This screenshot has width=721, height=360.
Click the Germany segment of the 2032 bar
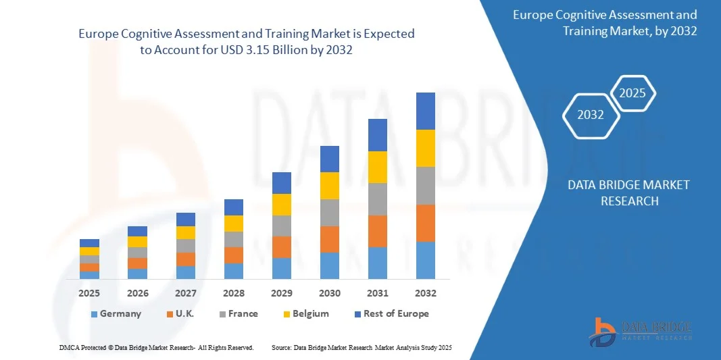pyautogui.click(x=425, y=260)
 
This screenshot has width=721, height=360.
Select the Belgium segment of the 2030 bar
pyautogui.click(x=329, y=186)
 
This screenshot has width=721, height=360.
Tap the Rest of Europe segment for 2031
pyautogui.click(x=377, y=135)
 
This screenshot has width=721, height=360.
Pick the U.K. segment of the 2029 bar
pyautogui.click(x=281, y=247)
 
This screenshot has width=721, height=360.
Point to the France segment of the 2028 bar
pyautogui.click(x=233, y=239)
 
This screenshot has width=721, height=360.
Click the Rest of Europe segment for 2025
pyautogui.click(x=89, y=243)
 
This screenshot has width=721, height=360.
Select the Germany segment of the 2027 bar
pyautogui.click(x=185, y=272)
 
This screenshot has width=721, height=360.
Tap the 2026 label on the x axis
pyautogui.click(x=137, y=293)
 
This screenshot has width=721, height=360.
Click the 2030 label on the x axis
pyautogui.click(x=329, y=293)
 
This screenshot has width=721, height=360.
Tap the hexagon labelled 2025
pyautogui.click(x=632, y=93)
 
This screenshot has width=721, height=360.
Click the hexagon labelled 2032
pyautogui.click(x=591, y=115)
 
